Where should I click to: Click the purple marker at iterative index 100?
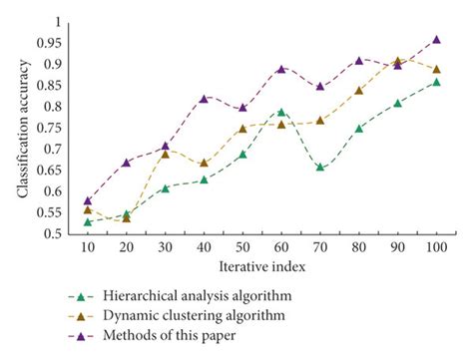click(436, 40)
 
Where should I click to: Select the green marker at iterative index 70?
click(319, 168)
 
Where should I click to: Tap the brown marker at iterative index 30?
click(165, 155)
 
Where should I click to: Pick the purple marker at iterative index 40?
click(204, 99)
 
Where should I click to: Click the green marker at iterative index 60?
click(281, 113)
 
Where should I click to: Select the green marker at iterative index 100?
click(436, 82)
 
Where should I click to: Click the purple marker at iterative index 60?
click(281, 69)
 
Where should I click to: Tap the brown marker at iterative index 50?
click(242, 129)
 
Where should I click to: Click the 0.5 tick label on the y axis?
click(51, 234)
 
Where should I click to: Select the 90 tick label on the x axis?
click(397, 248)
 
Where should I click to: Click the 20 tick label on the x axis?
click(126, 248)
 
